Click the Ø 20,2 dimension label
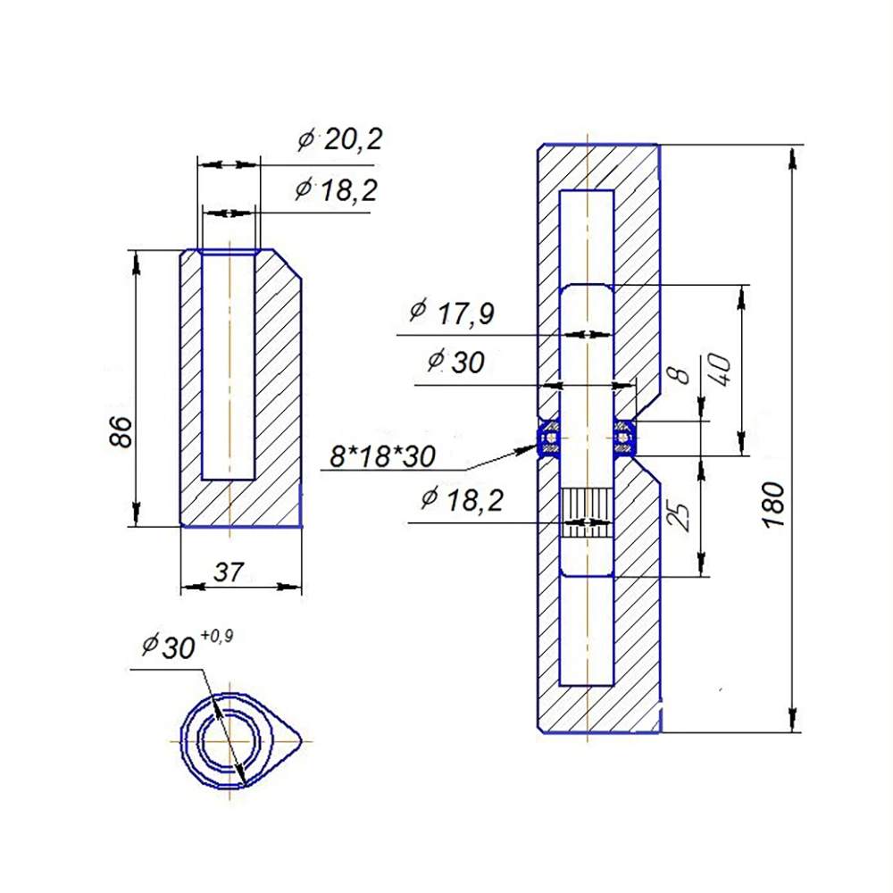(x=340, y=139)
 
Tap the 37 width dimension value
(x=229, y=572)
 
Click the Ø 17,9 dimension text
(x=452, y=313)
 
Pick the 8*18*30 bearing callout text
(x=383, y=456)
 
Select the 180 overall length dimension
(x=775, y=505)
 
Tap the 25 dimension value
(x=681, y=516)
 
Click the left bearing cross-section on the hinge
(x=550, y=438)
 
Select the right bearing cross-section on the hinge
(x=625, y=438)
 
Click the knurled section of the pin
(x=588, y=513)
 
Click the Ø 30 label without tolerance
(x=456, y=362)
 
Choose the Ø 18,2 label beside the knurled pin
(x=462, y=499)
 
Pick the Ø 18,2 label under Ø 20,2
(x=336, y=189)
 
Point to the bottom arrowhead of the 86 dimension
(x=136, y=513)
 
